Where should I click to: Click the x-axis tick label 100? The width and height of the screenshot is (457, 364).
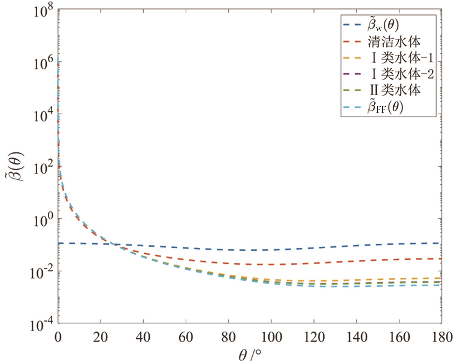[x=271, y=337]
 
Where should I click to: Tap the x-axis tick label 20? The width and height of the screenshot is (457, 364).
[x=100, y=337]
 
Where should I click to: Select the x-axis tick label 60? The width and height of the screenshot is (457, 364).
[x=186, y=337]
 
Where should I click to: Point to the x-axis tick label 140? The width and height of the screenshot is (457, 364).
[x=357, y=337]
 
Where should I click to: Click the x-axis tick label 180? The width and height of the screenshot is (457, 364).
[x=442, y=337]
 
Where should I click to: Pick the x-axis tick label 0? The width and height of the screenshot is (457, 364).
[x=58, y=337]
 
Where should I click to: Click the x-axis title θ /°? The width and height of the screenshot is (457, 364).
[x=250, y=355]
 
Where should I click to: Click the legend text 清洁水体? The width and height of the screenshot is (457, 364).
[x=394, y=42]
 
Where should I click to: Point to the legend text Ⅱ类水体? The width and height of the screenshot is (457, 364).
[x=395, y=90]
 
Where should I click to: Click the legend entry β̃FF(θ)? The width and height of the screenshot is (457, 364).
[x=385, y=107]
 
